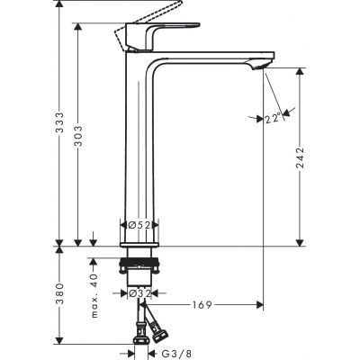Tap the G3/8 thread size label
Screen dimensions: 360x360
182,353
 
